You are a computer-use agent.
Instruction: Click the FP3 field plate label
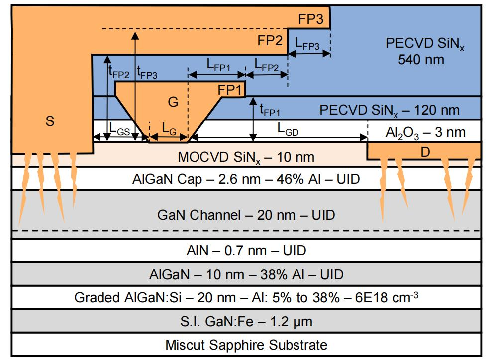pyautogui.click(x=310, y=19)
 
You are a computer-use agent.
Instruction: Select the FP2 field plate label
pyautogui.click(x=270, y=41)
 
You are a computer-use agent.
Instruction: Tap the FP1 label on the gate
pyautogui.click(x=230, y=90)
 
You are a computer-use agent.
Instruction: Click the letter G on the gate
pyautogui.click(x=173, y=102)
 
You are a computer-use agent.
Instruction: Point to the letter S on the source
pyautogui.click(x=50, y=121)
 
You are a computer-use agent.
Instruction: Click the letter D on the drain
pyautogui.click(x=425, y=152)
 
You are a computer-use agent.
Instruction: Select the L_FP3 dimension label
pyautogui.click(x=307, y=44)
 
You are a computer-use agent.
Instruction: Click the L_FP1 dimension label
pyautogui.click(x=218, y=65)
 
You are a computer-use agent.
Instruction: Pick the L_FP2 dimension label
pyautogui.click(x=267, y=65)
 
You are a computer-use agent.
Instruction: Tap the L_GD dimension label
pyautogui.click(x=288, y=129)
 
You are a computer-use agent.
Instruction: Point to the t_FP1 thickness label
pyautogui.click(x=270, y=110)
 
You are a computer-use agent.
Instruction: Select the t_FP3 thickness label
pyautogui.click(x=147, y=73)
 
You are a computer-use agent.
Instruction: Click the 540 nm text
pyautogui.click(x=421, y=60)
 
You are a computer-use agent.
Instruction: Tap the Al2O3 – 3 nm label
pyautogui.click(x=425, y=133)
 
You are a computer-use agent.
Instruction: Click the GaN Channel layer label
pyautogui.click(x=246, y=215)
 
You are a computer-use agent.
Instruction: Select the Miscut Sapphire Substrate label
pyautogui.click(x=246, y=345)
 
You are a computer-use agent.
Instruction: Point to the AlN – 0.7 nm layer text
pyautogui.click(x=246, y=251)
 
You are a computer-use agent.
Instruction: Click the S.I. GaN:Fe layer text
pyautogui.click(x=246, y=322)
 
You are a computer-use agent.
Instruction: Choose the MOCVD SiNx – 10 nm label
pyautogui.click(x=246, y=157)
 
